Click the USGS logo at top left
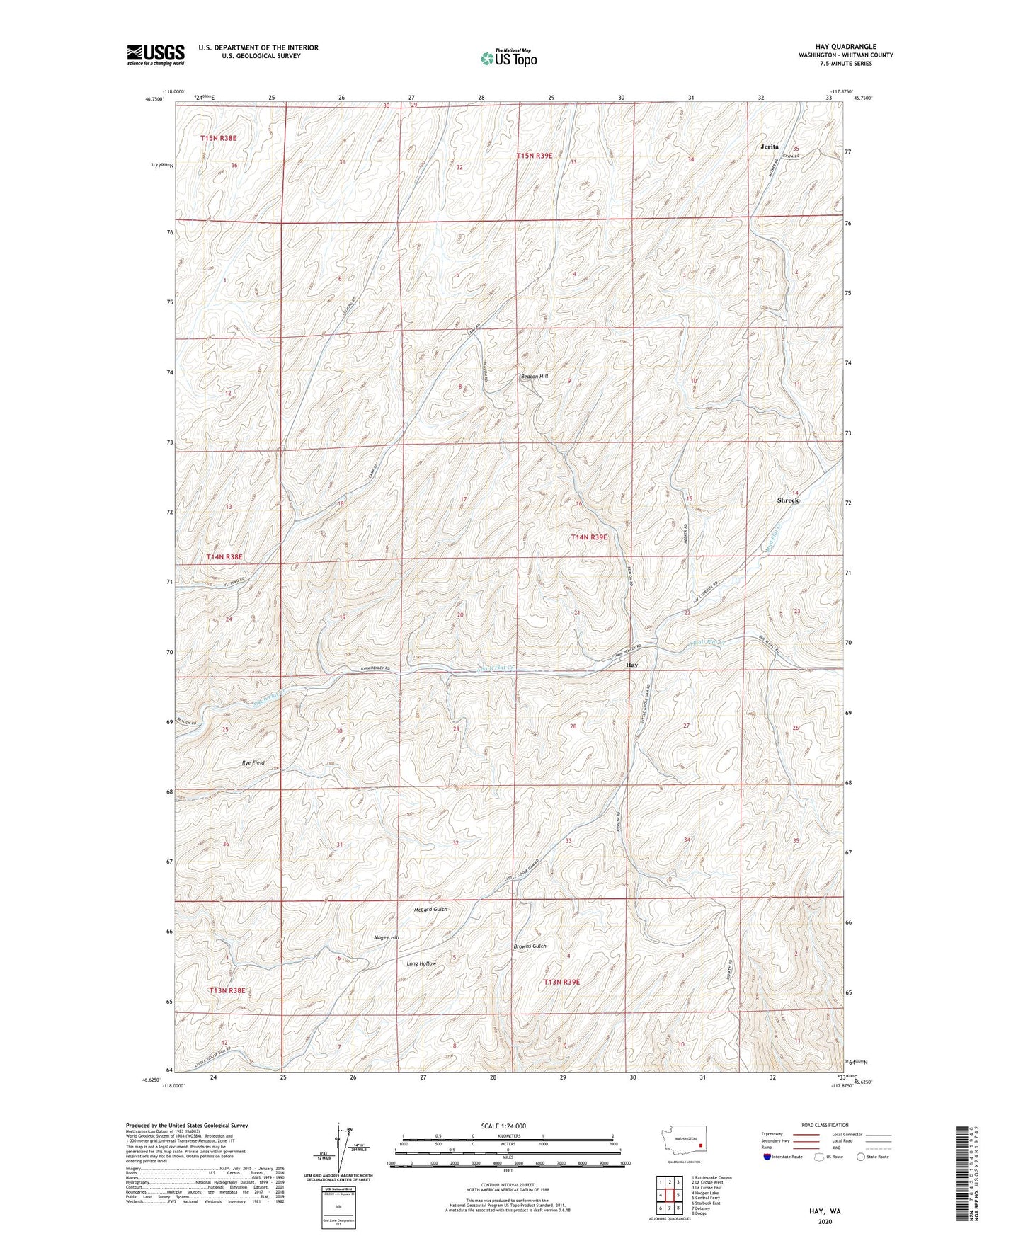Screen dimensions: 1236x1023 point(155,55)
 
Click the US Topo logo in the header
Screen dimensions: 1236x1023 point(508,58)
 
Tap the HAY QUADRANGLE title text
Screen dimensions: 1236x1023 point(845,47)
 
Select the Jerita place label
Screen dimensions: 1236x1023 point(770,147)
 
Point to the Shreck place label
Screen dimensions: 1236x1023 point(787,500)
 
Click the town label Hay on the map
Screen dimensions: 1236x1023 point(631,665)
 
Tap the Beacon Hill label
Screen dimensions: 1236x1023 point(535,376)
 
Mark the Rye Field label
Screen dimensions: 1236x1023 point(253,763)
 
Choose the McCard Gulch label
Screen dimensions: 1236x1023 point(430,910)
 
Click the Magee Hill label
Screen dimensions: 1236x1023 point(387,937)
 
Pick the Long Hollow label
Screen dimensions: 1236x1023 point(421,963)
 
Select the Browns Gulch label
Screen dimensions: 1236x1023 point(530,946)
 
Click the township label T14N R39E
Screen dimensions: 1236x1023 point(589,537)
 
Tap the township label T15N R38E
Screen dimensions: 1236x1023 point(218,139)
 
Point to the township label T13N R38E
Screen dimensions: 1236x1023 point(226,990)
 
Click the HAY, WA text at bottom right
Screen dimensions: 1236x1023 point(825,1211)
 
